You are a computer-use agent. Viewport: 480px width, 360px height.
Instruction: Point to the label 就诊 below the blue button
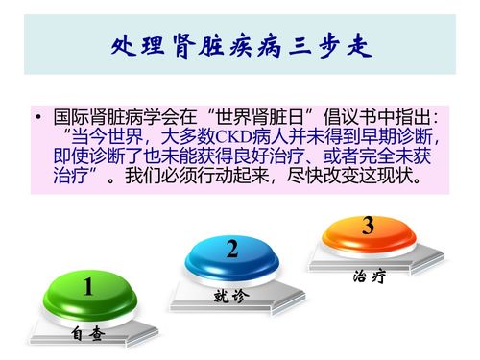coord(230,297)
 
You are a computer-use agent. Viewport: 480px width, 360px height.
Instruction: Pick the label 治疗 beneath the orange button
coord(369,276)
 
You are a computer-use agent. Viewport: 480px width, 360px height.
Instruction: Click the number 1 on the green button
coord(87,287)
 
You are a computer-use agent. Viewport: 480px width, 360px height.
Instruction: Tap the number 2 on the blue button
coord(232,251)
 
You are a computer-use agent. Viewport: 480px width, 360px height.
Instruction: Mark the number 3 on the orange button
coord(368,227)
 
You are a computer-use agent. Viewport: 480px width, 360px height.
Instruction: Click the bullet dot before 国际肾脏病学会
coord(36,119)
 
